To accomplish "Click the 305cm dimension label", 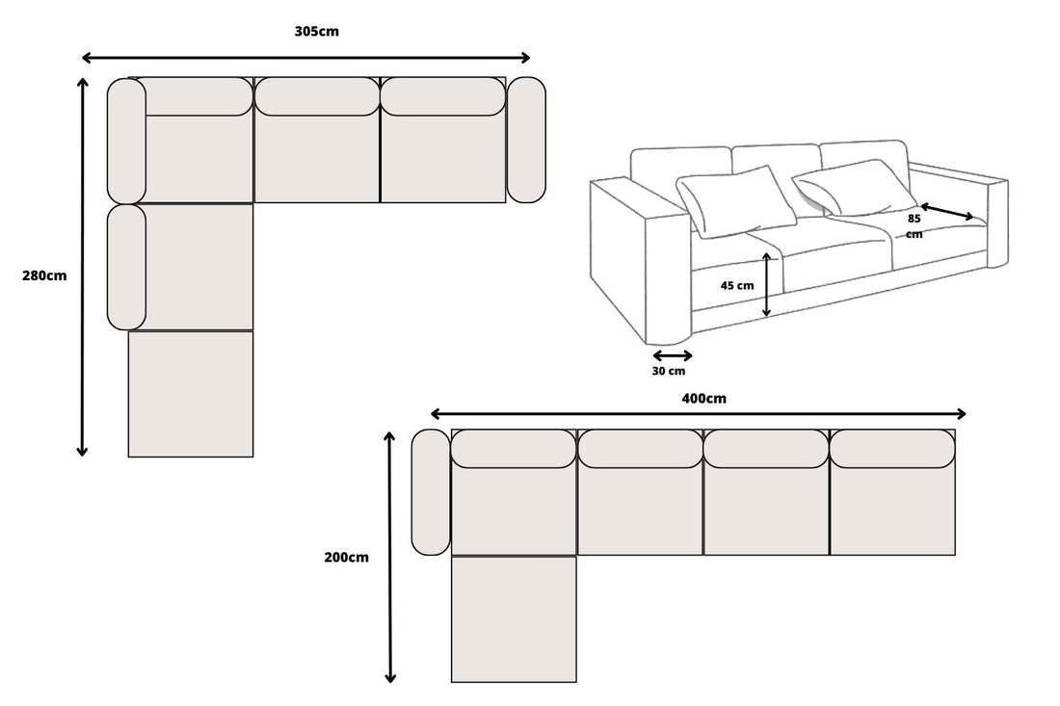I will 316,31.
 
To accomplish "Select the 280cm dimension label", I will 44,275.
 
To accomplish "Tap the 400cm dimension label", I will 702,398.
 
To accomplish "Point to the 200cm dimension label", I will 347,557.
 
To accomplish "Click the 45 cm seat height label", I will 737,285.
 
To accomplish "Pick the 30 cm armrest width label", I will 669,371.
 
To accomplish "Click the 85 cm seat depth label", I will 914,225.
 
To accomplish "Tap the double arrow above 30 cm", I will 672,354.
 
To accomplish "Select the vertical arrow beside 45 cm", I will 766,284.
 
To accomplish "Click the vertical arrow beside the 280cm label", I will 83,267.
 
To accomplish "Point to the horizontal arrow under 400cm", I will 698,413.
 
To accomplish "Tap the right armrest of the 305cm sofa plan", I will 526,140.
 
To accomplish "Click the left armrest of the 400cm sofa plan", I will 431,492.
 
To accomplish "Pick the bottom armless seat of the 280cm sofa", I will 191,394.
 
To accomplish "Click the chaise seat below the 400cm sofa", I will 514,619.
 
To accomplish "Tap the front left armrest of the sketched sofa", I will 641,260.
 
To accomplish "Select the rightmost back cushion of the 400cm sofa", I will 892,449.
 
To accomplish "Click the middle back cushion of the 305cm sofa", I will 317,96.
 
